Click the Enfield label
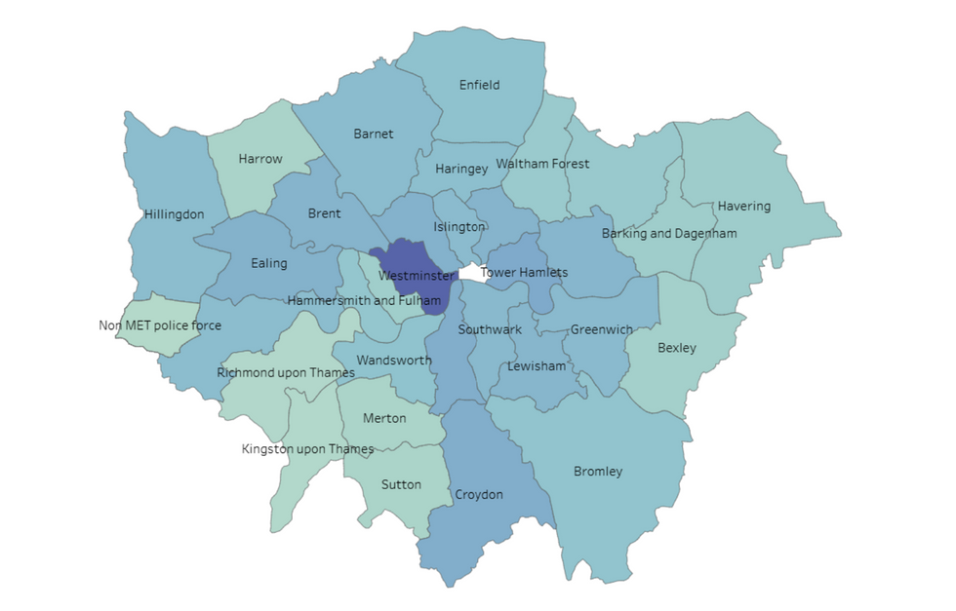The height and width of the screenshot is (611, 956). click(479, 85)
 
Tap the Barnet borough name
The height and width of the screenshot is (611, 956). click(373, 134)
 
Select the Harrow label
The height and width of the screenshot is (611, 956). click(260, 159)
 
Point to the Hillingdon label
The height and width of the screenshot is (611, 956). click(174, 213)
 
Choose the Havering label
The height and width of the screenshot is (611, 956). click(743, 206)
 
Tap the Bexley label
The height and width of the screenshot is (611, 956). click(676, 347)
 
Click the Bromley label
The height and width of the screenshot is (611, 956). click(598, 472)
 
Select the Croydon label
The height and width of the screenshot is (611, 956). click(479, 495)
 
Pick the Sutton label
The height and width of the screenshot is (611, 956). click(401, 484)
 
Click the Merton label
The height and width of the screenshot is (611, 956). click(384, 418)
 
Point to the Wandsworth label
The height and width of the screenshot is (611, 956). click(394, 361)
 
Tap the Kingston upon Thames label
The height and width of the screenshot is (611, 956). click(307, 449)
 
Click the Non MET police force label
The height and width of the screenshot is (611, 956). click(160, 325)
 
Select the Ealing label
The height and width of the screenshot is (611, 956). click(268, 263)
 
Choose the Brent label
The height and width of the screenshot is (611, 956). click(324, 213)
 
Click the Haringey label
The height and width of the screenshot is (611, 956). click(461, 169)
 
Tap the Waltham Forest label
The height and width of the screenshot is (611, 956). click(542, 164)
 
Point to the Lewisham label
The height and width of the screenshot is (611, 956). click(536, 366)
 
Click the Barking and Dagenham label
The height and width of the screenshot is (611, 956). click(668, 234)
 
